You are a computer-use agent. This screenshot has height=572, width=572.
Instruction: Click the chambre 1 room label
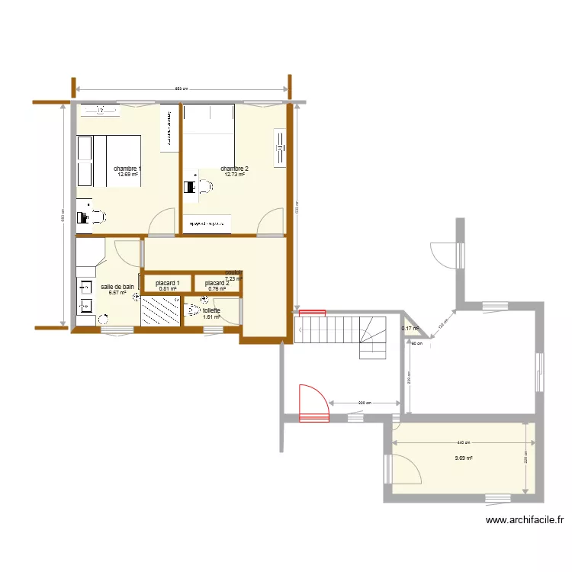point(127,169)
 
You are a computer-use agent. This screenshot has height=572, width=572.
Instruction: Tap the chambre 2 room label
point(234,169)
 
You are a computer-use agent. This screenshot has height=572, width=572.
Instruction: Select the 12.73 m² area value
point(234,175)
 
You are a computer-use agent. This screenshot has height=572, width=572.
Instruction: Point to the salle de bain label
point(117,287)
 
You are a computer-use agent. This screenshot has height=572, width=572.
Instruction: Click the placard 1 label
point(167,283)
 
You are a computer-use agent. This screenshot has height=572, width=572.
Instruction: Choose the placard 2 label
point(217,283)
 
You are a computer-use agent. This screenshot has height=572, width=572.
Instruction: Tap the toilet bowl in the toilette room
point(194,310)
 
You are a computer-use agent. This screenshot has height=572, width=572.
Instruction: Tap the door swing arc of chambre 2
point(270,222)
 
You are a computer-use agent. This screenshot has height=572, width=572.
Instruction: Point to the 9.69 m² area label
point(464,458)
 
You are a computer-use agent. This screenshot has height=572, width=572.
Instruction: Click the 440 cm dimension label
point(464,442)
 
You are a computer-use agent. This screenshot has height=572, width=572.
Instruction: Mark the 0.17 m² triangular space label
point(410,329)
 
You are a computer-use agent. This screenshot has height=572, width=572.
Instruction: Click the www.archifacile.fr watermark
point(525,521)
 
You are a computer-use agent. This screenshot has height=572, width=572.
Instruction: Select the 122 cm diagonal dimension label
point(441,326)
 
